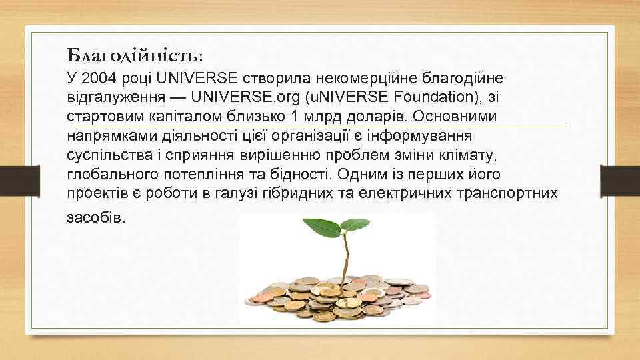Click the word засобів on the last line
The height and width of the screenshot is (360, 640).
point(95,218)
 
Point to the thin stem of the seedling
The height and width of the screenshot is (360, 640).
point(346,260)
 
